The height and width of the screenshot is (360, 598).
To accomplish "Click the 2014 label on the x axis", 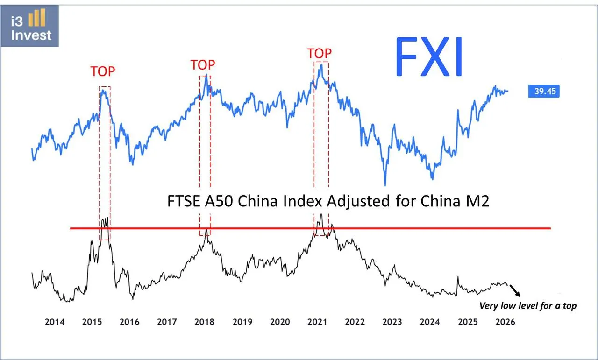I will (x=54, y=322).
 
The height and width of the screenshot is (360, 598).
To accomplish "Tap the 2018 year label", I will (x=204, y=322).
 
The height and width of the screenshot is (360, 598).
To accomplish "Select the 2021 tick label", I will (x=317, y=322).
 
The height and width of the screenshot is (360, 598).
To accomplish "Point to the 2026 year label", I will (x=505, y=322).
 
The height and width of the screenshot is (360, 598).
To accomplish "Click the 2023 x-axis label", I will (x=392, y=322).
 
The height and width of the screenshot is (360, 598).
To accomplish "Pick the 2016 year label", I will (x=129, y=322).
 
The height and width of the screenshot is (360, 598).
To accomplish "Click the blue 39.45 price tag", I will (x=544, y=92).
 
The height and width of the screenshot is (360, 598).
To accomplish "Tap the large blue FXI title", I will (x=430, y=57).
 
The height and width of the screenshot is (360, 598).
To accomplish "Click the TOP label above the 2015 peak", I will (x=102, y=71).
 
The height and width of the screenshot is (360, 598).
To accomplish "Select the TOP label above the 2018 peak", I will (x=203, y=65).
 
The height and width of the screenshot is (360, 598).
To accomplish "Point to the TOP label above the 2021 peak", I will (x=319, y=54).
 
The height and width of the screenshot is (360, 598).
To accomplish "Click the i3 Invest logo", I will (x=30, y=26).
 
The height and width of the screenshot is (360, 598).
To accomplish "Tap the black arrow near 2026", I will (x=514, y=291).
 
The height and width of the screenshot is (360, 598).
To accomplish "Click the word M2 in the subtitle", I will (x=476, y=201).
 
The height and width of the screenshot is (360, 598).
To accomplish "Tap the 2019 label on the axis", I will (x=242, y=322).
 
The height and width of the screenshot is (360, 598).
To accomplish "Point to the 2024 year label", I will (x=430, y=322).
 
